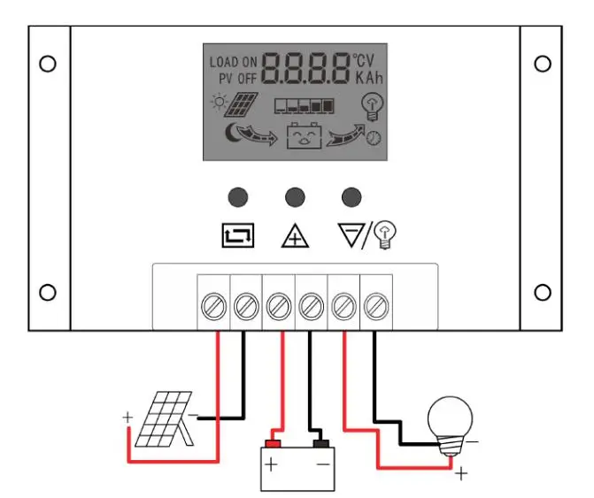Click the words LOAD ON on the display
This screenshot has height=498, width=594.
click(x=234, y=62)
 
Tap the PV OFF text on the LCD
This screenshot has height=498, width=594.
click(x=238, y=79)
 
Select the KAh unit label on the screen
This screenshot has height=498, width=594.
click(x=369, y=78)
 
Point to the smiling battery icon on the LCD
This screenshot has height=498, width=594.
click(x=305, y=135)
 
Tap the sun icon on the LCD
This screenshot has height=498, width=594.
click(x=220, y=102)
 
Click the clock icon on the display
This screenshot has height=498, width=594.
click(x=374, y=138)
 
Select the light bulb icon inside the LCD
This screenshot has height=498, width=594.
click(x=373, y=107)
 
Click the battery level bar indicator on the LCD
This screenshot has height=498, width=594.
click(x=305, y=106)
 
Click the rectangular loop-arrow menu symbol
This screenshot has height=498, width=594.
click(x=238, y=235)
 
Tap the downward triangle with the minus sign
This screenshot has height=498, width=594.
click(x=351, y=234)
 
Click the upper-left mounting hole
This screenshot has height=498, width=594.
click(x=48, y=64)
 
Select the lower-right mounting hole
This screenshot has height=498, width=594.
click(x=543, y=293)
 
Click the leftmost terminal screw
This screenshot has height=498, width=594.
click(x=213, y=306)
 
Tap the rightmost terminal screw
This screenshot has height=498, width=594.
click(x=376, y=306)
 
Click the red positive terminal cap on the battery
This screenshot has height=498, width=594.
click(x=273, y=443)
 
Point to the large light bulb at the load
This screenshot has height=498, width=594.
click(x=450, y=426)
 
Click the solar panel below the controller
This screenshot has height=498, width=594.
click(x=165, y=419)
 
